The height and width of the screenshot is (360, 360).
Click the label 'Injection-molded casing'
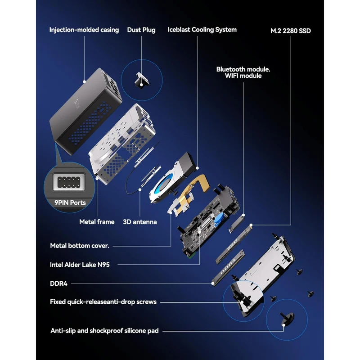tap(84, 30)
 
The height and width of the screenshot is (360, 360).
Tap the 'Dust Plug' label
tap(141, 30)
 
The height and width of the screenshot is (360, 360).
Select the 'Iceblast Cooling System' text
tap(202, 30)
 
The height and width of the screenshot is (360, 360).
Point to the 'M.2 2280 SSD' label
tap(290, 31)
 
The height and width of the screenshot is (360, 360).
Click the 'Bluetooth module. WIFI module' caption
tap(243, 72)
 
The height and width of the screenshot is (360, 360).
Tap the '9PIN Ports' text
tap(70, 202)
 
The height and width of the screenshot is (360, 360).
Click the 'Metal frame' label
tap(97, 222)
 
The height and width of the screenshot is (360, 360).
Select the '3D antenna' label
tap(140, 222)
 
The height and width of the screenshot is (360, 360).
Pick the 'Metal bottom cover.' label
tap(80, 246)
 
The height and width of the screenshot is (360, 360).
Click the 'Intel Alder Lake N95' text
tap(80, 265)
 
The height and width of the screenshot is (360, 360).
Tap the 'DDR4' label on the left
tap(58, 283)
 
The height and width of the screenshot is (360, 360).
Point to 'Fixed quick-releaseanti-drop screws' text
tap(103, 301)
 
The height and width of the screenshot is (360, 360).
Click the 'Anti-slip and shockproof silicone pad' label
tap(104, 331)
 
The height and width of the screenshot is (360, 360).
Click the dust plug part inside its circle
tap(142, 80)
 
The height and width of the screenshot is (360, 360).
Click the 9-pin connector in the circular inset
tap(69, 182)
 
